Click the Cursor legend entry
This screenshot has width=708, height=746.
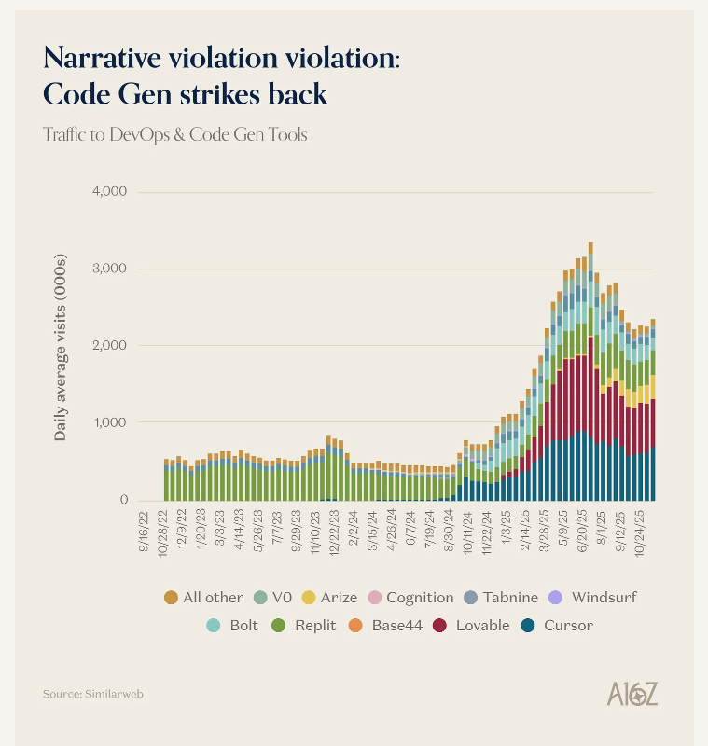pyautogui.click(x=557, y=625)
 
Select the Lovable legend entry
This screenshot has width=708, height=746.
pyautogui.click(x=471, y=625)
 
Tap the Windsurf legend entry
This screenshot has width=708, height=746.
pyautogui.click(x=592, y=597)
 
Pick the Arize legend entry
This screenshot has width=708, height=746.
pyautogui.click(x=329, y=597)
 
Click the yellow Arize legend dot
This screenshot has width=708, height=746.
pyautogui.click(x=309, y=598)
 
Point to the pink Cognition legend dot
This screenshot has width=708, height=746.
pyautogui.click(x=375, y=598)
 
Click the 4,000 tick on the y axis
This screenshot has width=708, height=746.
pyautogui.click(x=109, y=191)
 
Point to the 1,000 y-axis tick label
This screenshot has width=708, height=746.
pyautogui.click(x=110, y=422)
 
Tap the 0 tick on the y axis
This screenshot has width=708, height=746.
pyautogui.click(x=124, y=500)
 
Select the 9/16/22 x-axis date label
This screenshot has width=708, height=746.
pyautogui.click(x=144, y=532)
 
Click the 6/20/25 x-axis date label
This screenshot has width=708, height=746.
pyautogui.click(x=582, y=532)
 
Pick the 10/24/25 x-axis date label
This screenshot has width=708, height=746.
pyautogui.click(x=640, y=533)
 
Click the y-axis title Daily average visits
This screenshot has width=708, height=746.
pyautogui.click(x=60, y=347)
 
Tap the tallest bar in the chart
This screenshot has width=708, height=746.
pyautogui.click(x=590, y=371)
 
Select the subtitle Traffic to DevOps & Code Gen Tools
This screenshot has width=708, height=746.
pyautogui.click(x=175, y=134)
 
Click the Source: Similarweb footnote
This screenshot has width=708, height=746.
pyautogui.click(x=92, y=694)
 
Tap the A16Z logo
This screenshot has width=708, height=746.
pyautogui.click(x=632, y=694)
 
